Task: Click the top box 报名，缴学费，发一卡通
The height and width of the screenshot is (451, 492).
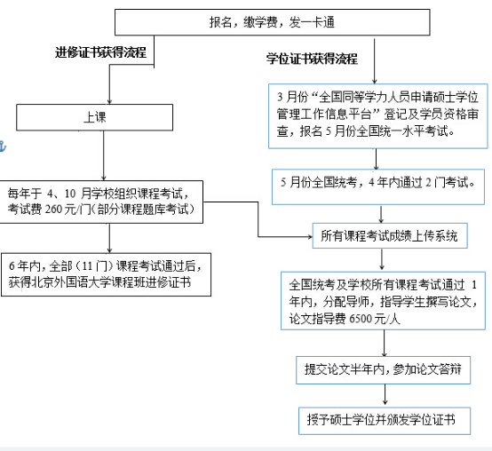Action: [x=272, y=22]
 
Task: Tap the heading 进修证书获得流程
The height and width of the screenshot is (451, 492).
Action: [x=100, y=52]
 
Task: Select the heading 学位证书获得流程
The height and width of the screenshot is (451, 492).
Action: [x=312, y=59]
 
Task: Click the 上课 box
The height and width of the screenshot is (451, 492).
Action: [x=94, y=117]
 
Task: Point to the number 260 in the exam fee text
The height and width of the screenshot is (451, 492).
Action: [x=53, y=210]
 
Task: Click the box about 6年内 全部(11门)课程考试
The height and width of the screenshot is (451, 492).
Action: [x=106, y=274]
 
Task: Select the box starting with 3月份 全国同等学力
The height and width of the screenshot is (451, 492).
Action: [x=378, y=116]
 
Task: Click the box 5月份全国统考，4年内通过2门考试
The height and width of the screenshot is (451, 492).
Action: [x=378, y=187]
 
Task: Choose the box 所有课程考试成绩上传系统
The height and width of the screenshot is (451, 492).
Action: [x=390, y=236]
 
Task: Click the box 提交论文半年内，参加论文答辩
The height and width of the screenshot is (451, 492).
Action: [x=383, y=370]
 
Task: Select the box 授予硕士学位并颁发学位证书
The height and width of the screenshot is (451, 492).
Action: [x=385, y=421]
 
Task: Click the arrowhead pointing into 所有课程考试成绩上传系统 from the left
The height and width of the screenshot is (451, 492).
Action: [x=310, y=237]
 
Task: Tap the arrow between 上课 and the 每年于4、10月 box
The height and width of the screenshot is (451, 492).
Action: [x=104, y=155]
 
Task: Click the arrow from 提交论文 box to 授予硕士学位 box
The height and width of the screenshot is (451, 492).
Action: [x=385, y=394]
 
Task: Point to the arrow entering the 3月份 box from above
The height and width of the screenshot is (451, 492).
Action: [x=374, y=61]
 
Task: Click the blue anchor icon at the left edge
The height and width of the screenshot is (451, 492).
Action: [x=3, y=146]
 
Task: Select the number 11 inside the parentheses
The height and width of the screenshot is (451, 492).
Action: [x=87, y=266]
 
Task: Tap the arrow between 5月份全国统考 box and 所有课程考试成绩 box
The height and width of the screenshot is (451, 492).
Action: [x=381, y=215]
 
